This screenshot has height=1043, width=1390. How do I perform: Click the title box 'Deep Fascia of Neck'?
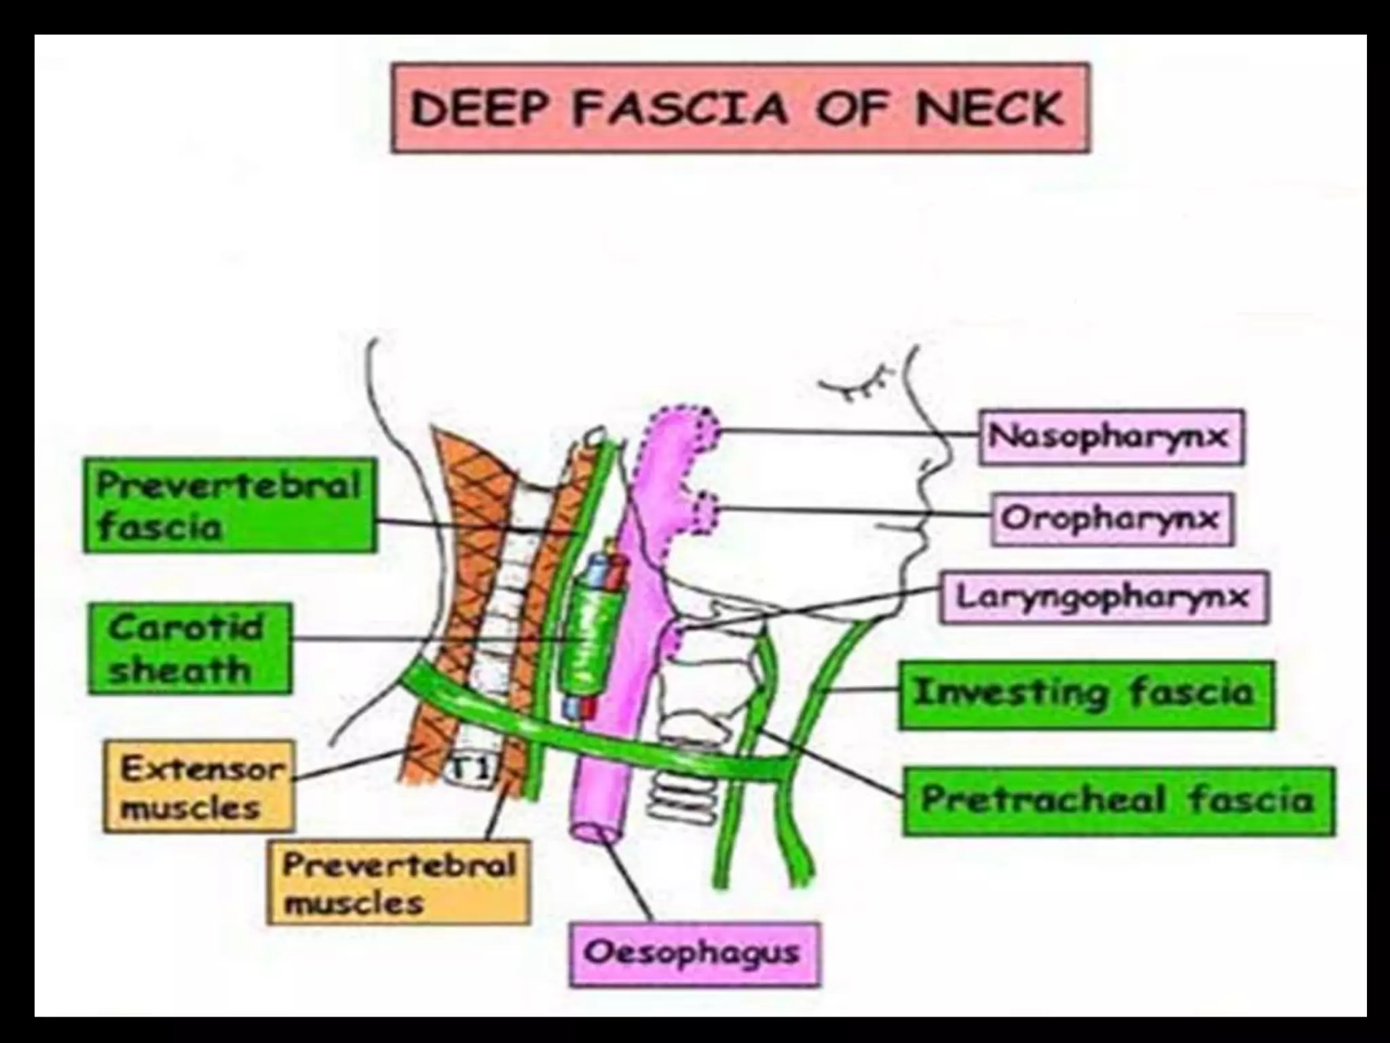740,107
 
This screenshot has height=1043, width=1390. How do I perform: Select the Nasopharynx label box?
1110,436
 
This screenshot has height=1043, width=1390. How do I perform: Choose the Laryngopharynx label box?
1103,598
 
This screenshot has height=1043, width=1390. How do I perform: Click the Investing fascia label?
1085,694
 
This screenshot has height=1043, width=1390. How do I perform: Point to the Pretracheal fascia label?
1117,801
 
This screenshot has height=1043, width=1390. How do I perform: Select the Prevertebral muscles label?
398,883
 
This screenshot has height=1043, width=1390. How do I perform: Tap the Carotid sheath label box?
189,648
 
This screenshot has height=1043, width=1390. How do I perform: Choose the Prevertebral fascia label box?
229,505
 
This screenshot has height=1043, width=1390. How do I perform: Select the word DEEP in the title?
474,109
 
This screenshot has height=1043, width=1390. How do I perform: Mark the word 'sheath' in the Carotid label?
180,671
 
